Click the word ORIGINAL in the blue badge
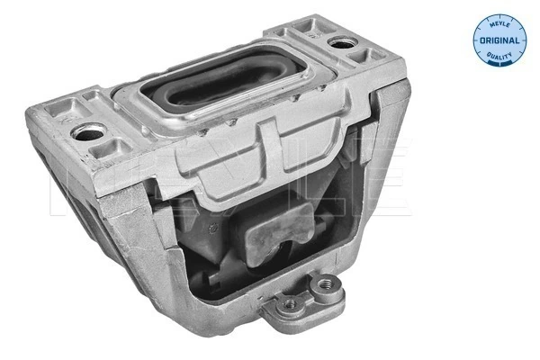pyautogui.click(x=496, y=40)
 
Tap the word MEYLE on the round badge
pyautogui.click(x=496, y=24)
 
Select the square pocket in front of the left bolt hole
pyautogui.click(x=106, y=148)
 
